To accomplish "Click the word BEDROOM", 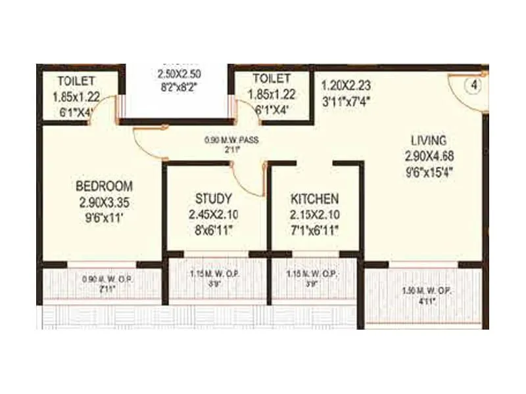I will pyautogui.click(x=104, y=186).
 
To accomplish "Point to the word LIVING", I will pyautogui.click(x=429, y=140).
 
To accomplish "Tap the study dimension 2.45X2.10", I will pyautogui.click(x=213, y=214).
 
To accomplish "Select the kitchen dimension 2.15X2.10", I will pyautogui.click(x=315, y=214).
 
